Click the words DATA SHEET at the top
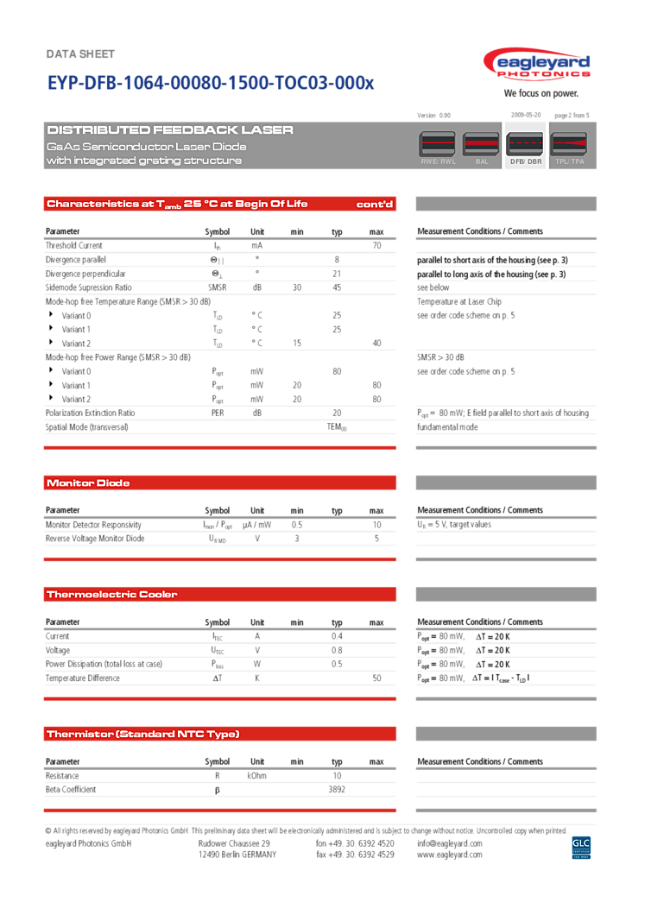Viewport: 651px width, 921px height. pos(79,54)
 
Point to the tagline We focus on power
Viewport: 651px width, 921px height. pos(540,93)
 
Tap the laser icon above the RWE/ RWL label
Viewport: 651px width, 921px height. pos(437,143)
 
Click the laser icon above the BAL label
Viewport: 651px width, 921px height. pos(481,143)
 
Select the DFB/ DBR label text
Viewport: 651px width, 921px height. pos(525,161)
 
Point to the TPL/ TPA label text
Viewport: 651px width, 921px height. pos(568,161)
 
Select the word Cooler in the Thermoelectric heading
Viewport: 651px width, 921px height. pos(158,595)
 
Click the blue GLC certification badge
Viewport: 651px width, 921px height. pos(581,847)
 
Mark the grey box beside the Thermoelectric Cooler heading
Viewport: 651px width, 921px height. pos(506,594)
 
